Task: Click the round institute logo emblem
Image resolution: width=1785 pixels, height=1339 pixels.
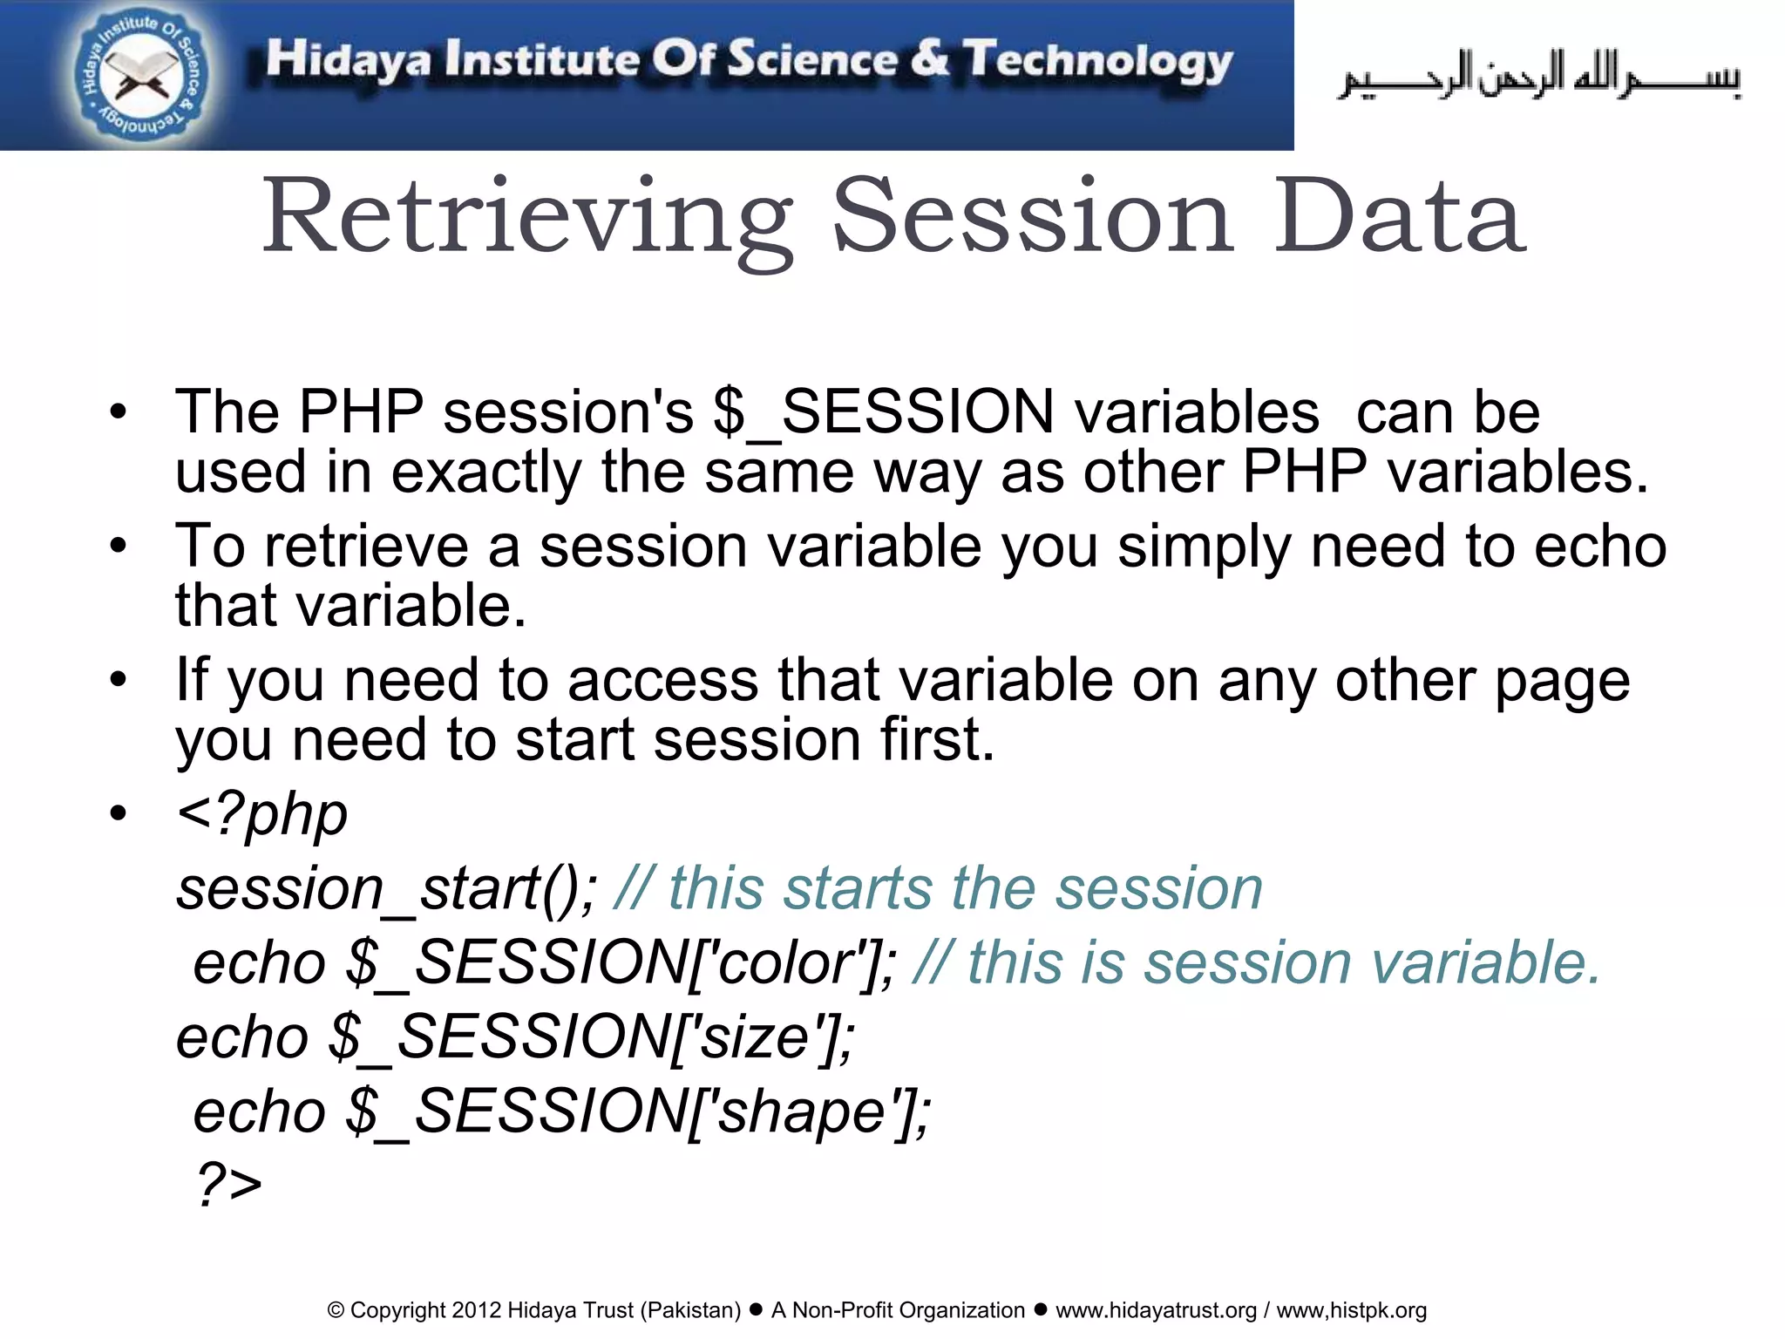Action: (x=139, y=76)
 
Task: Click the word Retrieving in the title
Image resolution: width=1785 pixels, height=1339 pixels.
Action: (x=527, y=218)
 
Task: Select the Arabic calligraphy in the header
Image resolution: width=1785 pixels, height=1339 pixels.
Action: (x=1538, y=77)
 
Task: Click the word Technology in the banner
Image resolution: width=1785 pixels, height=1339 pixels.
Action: (x=1098, y=61)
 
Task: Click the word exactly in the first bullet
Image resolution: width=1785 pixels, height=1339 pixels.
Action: (x=485, y=472)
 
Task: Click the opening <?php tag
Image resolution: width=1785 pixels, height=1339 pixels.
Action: (x=261, y=814)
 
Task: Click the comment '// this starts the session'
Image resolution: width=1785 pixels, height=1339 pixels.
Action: (x=938, y=889)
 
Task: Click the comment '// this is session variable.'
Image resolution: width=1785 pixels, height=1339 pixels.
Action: (x=1255, y=964)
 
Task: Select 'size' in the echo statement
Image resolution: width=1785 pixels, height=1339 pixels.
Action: (x=755, y=1038)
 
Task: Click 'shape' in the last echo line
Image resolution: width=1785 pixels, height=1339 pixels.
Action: (x=802, y=1113)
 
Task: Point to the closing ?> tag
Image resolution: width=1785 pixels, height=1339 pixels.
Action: (x=228, y=1185)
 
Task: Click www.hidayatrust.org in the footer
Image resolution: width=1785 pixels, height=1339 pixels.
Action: (x=1156, y=1310)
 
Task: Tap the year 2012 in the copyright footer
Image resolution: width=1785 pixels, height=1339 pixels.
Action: (x=476, y=1310)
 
